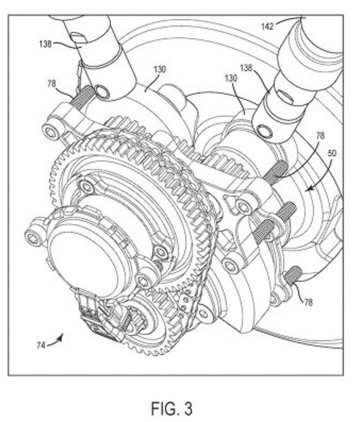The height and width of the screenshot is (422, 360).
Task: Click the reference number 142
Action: [267, 26]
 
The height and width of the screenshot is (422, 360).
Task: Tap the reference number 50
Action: [331, 153]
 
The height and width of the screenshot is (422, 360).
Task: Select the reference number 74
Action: [40, 345]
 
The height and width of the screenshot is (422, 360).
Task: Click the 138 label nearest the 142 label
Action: [246, 68]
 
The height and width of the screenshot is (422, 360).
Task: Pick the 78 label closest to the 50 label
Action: [320, 136]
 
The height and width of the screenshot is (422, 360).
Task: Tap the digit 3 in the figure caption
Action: [188, 408]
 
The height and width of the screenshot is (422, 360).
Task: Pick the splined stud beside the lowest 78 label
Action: [293, 274]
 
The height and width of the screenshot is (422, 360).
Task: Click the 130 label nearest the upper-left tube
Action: [159, 70]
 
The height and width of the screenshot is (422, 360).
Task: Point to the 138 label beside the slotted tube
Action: [45, 43]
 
